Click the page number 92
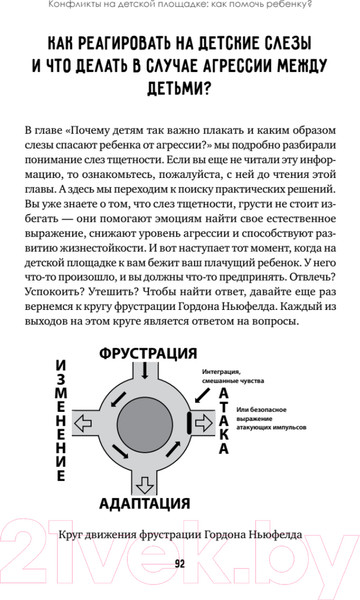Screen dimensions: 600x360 click(180, 562)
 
